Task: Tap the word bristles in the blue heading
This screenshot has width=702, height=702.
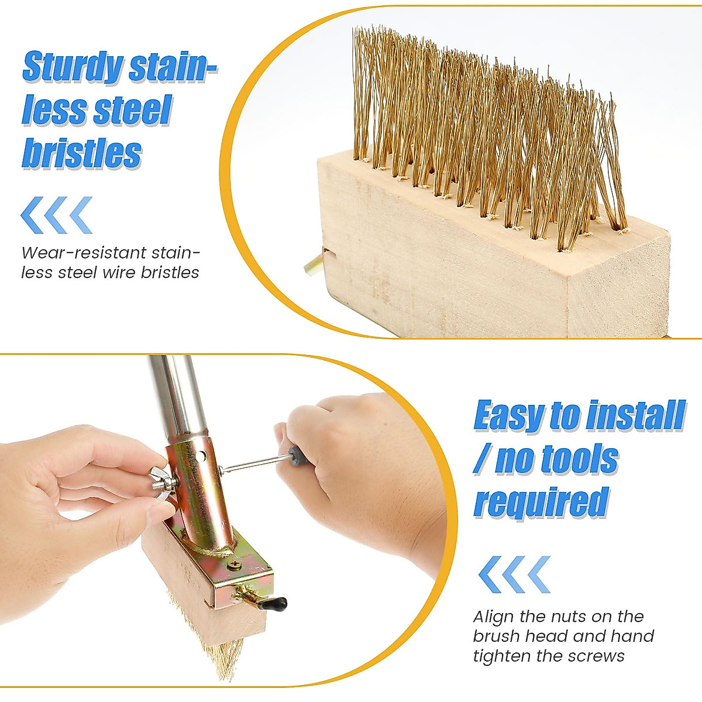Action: tap(82, 154)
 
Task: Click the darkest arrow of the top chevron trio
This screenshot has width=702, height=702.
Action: tap(32, 215)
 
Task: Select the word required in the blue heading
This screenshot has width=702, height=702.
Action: tap(541, 503)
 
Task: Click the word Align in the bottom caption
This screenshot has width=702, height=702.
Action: tap(494, 617)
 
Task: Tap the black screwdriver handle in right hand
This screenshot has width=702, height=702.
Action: tap(299, 456)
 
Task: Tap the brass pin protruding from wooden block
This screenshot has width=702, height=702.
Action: tap(312, 263)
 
